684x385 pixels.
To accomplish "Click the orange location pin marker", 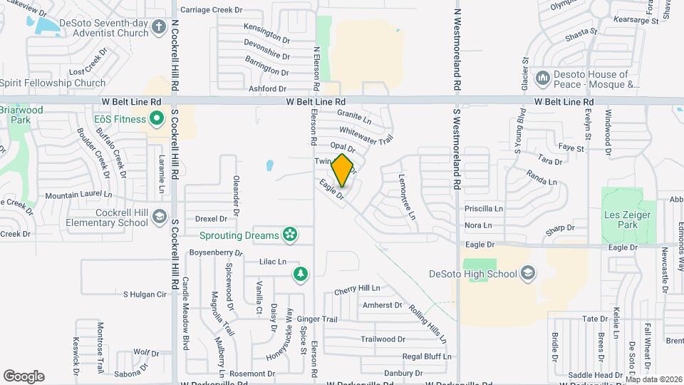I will pyautogui.click(x=343, y=170).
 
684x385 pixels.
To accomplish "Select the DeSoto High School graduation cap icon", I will pyautogui.click(x=527, y=273).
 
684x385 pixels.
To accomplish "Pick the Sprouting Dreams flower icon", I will pyautogui.click(x=289, y=234).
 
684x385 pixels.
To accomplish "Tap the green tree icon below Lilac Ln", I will pyautogui.click(x=301, y=274).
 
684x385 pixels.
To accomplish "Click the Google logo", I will pyautogui.click(x=24, y=376).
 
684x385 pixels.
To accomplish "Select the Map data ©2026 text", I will pyautogui.click(x=653, y=379).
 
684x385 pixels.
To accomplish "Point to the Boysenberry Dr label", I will pyautogui.click(x=217, y=252).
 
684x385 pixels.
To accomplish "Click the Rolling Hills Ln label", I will pyautogui.click(x=427, y=319).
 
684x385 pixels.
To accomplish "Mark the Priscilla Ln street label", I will pyautogui.click(x=483, y=209).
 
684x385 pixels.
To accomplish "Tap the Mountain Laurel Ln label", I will pyautogui.click(x=78, y=194).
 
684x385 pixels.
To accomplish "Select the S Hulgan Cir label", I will pyautogui.click(x=145, y=294).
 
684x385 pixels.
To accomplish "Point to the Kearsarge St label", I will pyautogui.click(x=634, y=21).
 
